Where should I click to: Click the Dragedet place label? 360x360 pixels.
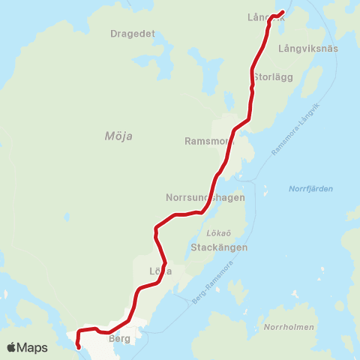pos(132,34)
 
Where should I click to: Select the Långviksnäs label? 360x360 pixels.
pos(308,48)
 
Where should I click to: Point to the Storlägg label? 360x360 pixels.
pos(271,77)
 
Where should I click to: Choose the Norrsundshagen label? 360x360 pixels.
pos(205,198)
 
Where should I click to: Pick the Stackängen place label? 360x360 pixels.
pos(218,247)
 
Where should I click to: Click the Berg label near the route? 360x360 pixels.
pos(119,339)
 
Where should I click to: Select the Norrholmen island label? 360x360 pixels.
pos(289,328)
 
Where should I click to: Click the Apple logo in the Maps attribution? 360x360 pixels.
pos(11,347)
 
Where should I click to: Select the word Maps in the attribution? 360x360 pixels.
pos(32,347)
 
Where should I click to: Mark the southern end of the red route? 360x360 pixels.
pos(79,346)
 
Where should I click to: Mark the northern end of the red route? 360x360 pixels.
pos(283,11)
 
